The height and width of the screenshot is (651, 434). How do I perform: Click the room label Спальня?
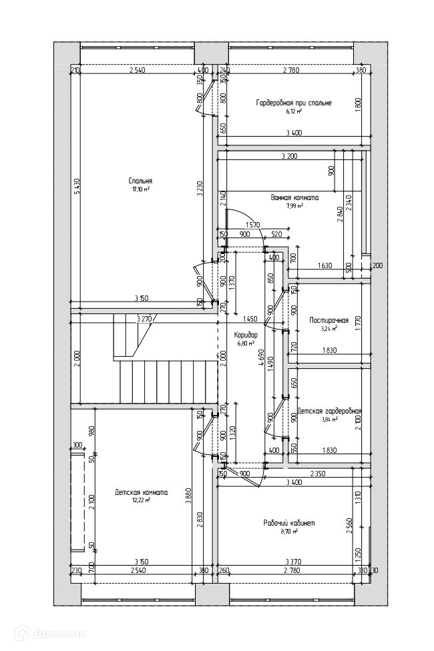coord(141,181)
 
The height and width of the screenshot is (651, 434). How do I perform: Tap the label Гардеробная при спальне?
coord(294,103)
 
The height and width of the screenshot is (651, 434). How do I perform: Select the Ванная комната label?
coord(294,197)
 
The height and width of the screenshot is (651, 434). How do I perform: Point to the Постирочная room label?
coord(329,320)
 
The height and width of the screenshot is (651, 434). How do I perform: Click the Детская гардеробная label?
coord(330,411)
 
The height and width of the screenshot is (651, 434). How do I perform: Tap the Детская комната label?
coord(141,492)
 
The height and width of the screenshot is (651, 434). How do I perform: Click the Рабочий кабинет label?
coord(289,522)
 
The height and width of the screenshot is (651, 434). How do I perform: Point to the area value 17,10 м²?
coord(141,189)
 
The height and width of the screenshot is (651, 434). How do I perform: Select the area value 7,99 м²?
coord(294,206)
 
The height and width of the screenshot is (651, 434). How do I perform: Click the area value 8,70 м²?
coord(289,531)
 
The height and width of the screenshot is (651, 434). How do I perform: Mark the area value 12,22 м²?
coord(141,500)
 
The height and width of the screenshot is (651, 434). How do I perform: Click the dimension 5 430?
coord(77,189)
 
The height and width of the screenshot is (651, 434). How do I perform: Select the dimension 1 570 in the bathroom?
coord(252,224)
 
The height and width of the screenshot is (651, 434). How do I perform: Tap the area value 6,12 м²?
coord(294,111)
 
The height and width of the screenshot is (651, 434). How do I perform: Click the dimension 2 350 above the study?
coord(318,474)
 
